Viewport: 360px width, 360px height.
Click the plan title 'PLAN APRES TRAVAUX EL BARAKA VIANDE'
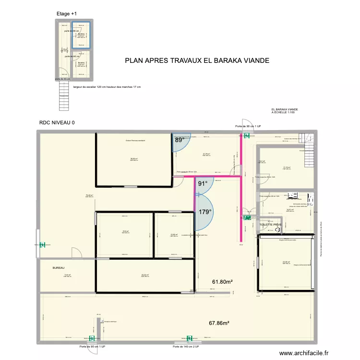(x=197, y=61)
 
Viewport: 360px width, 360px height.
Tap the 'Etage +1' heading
(x=66, y=14)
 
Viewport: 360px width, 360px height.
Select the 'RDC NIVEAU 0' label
(x=57, y=123)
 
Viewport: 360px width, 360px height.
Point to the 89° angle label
(x=179, y=140)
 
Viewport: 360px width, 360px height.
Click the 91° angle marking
(x=203, y=183)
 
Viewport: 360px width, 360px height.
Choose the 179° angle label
(x=205, y=211)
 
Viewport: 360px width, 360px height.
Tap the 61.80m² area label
(x=222, y=282)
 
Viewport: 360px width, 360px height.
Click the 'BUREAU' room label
(x=59, y=268)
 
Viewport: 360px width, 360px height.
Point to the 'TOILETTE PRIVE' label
(x=271, y=225)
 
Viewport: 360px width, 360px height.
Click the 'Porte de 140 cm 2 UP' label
(x=186, y=346)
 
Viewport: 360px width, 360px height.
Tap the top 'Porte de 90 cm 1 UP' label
(x=248, y=126)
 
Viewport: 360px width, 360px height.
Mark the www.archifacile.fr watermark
(x=305, y=353)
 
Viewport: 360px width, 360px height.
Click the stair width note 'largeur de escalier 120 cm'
(x=107, y=87)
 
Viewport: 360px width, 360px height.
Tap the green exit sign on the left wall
(x=42, y=245)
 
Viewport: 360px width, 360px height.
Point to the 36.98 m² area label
(x=134, y=159)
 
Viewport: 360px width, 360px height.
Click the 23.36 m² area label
(x=287, y=262)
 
